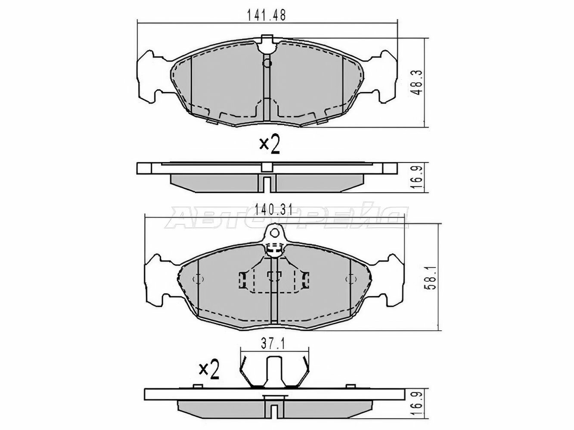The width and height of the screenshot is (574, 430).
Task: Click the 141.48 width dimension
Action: [267, 15]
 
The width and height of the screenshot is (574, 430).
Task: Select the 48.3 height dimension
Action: [416, 82]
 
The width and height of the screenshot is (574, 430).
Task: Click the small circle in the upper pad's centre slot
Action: [267, 63]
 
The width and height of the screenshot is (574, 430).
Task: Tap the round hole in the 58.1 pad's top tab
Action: [274, 232]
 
